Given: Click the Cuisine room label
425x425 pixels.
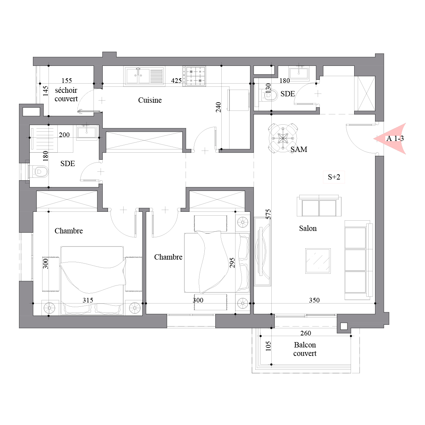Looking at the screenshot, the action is point(150,100).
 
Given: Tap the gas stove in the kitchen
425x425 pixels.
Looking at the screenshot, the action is point(194,76).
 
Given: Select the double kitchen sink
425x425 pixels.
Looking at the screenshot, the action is point(145,76).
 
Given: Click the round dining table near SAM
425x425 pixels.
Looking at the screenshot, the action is point(283,138).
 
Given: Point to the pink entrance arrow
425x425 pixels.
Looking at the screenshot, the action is point(390,138).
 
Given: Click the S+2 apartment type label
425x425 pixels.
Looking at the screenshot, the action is point(334,177).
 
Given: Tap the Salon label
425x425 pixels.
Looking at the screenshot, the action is point(308,228).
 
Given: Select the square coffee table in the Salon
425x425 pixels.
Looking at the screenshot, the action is point(318,261).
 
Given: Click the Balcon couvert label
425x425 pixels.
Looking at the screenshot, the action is point(305,349).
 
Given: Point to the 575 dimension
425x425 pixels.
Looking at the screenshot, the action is point(268,214).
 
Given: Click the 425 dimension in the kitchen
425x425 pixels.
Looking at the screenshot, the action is point(176,81).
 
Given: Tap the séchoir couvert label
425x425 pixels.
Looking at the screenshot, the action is point(66,95).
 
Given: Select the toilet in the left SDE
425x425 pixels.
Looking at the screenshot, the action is point(39,171).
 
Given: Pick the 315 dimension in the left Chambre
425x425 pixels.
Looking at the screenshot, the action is point(88,300).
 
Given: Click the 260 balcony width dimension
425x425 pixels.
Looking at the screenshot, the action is point(306,333).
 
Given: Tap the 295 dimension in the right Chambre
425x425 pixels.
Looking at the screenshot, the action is point(232,263).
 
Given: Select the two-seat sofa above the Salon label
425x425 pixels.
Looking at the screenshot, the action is point(319,205).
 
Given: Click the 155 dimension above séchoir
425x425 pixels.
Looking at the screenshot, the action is point(67,80).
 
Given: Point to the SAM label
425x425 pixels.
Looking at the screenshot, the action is point(299,149).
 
